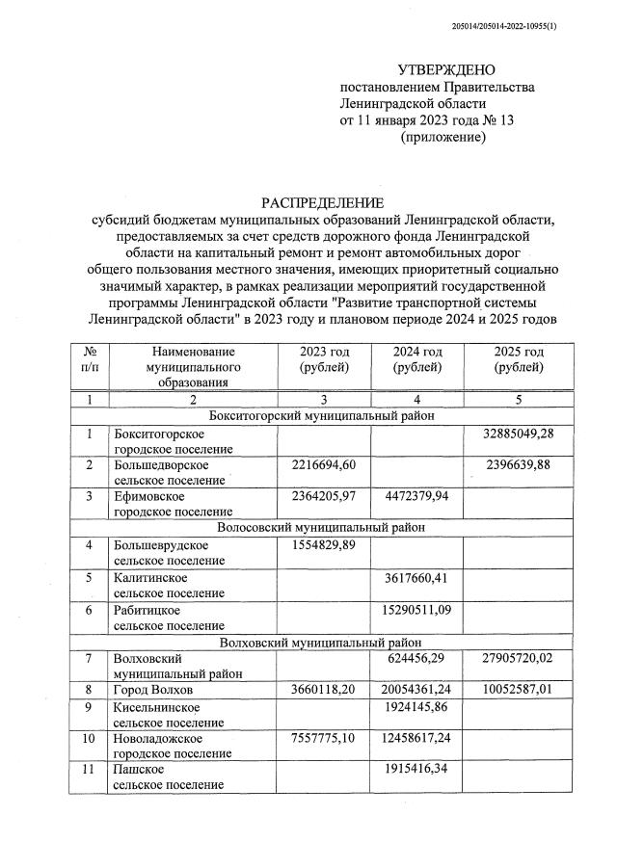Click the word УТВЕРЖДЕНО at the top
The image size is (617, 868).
tap(445, 69)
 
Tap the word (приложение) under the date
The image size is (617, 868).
tap(443, 138)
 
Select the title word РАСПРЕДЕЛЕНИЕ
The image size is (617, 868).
tap(322, 202)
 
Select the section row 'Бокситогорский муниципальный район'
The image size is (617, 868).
tap(322, 415)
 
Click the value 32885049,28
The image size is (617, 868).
tap(518, 434)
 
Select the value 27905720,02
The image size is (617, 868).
tap(518, 659)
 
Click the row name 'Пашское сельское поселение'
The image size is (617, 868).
tap(169, 777)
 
